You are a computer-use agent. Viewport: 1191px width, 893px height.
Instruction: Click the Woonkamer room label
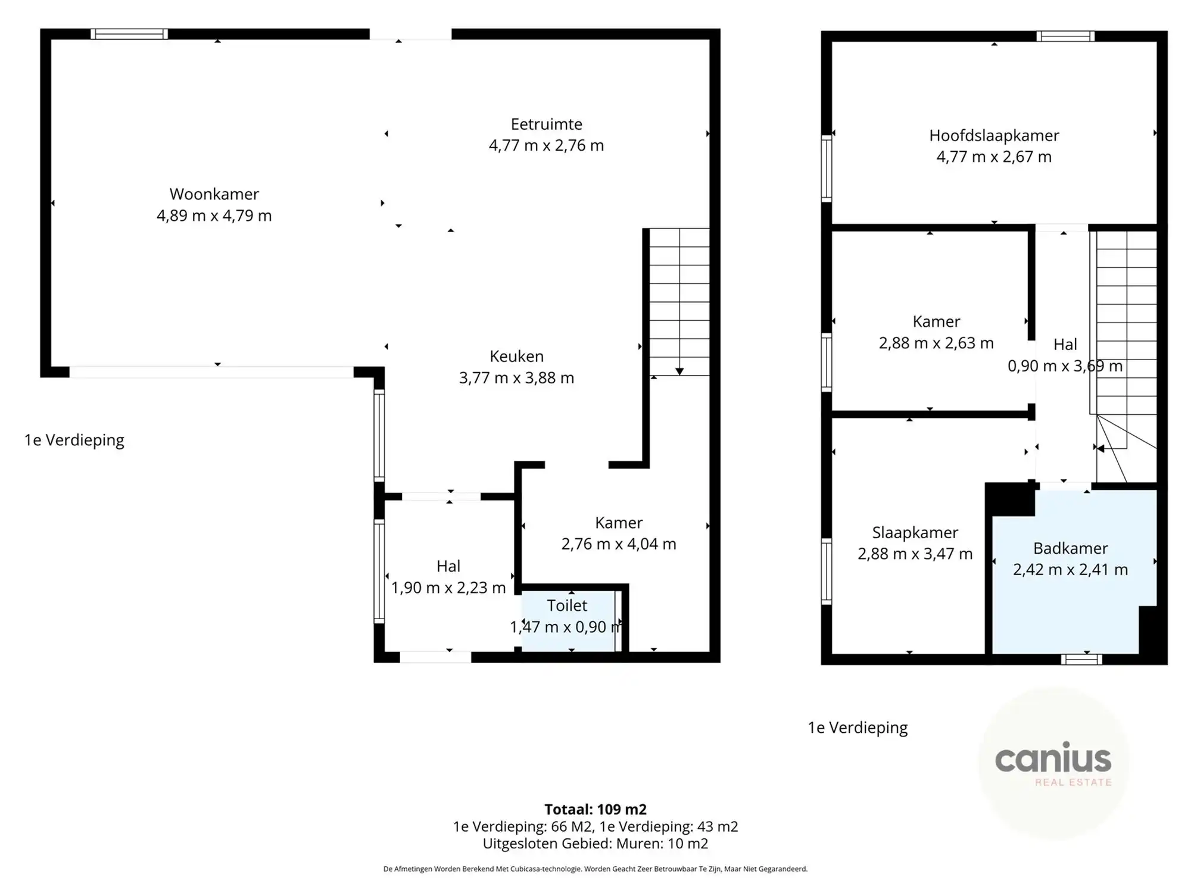click(x=214, y=194)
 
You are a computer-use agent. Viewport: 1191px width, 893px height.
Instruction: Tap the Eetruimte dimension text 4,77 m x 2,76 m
click(x=546, y=146)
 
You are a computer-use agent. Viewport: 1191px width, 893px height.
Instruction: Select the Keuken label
click(x=516, y=357)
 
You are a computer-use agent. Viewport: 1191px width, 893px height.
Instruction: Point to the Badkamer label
click(x=1070, y=548)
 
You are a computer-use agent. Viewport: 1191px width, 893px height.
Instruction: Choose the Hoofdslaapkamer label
click(x=994, y=136)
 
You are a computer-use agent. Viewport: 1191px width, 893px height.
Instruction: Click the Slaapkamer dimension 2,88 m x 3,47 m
click(x=915, y=554)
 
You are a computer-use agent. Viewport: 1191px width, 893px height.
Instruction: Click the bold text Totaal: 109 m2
click(x=595, y=809)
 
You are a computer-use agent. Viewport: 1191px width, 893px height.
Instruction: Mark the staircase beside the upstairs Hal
click(x=1125, y=333)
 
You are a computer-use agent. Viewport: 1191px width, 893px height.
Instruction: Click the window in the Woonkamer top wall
click(x=129, y=35)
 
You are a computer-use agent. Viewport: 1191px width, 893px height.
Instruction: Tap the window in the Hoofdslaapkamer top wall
click(x=1065, y=37)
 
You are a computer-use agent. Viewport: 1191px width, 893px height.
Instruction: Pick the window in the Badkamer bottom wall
click(x=1081, y=659)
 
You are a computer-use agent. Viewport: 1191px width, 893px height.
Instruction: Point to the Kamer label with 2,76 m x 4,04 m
click(x=619, y=533)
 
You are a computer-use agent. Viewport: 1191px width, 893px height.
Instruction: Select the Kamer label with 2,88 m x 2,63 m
click(x=936, y=332)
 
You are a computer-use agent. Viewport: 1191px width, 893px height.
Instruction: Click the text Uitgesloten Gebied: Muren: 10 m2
click(x=595, y=844)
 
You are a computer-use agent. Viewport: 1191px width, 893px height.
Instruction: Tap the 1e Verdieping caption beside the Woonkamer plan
click(x=74, y=440)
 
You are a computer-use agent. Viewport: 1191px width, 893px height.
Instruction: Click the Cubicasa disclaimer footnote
click(x=595, y=869)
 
